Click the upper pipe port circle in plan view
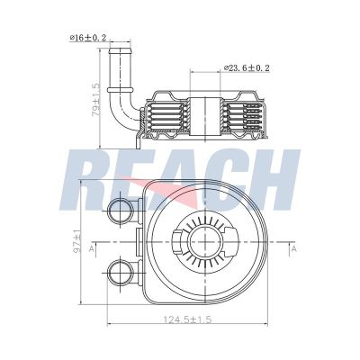coord(120,212)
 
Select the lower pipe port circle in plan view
coord(120,271)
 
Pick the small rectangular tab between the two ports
coord(136,242)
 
